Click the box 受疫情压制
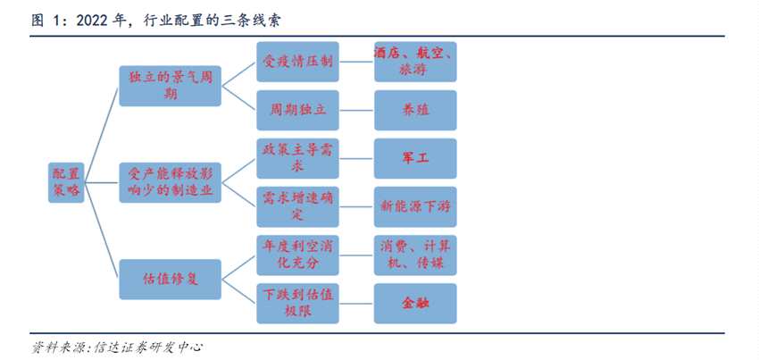[x=298, y=62]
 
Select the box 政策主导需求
[x=298, y=158]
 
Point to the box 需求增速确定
[x=298, y=206]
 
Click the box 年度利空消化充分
[x=298, y=255]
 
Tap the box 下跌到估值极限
[x=298, y=304]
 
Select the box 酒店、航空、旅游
[x=415, y=62]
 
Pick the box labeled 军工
[x=415, y=158]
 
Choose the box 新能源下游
[x=415, y=206]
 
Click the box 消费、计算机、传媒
[x=415, y=255]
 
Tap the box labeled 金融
[x=415, y=304]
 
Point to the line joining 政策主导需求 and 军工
[x=356, y=158]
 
